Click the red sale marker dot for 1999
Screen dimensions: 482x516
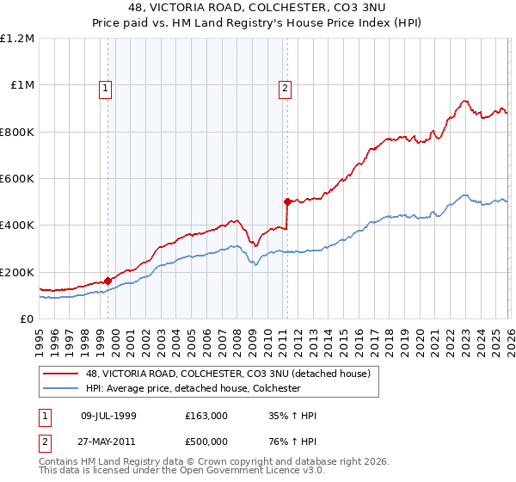[107, 280]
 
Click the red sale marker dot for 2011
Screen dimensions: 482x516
[287, 201]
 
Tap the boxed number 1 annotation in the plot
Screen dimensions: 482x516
[105, 87]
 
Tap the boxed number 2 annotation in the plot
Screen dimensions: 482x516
[285, 87]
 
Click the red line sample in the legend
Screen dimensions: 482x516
[60, 374]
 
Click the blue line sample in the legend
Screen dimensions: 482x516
[60, 389]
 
